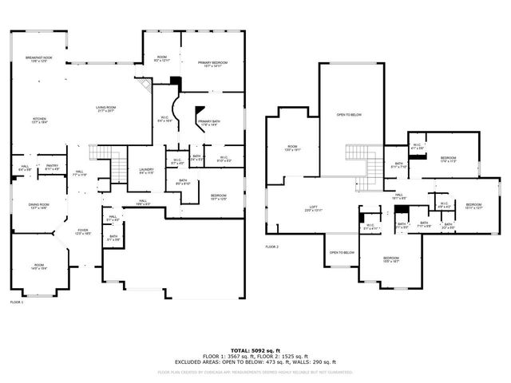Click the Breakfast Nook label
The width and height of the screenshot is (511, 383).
coord(38,60)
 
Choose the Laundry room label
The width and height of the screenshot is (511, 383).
coord(145,170)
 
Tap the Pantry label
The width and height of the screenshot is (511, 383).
coord(53,168)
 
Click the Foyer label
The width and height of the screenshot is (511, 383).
coord(82,231)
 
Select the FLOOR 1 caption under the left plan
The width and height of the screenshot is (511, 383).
coord(17,302)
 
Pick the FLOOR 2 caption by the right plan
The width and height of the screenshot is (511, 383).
coord(272,247)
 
